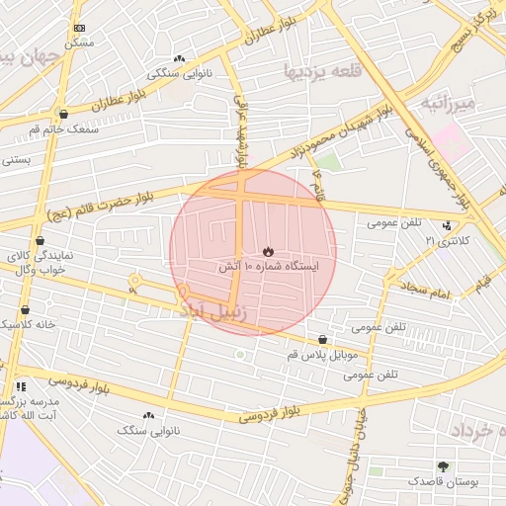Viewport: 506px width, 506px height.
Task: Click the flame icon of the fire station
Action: point(268,250)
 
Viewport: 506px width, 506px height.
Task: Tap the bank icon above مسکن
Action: point(79,28)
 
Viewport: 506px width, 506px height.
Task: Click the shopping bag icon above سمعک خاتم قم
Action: point(63,114)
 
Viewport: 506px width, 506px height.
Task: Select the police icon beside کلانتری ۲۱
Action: point(449,226)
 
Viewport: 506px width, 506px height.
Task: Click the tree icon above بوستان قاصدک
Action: point(442,465)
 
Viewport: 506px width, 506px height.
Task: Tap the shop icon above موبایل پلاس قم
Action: point(322,339)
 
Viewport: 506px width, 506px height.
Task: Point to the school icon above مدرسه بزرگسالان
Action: point(20,387)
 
